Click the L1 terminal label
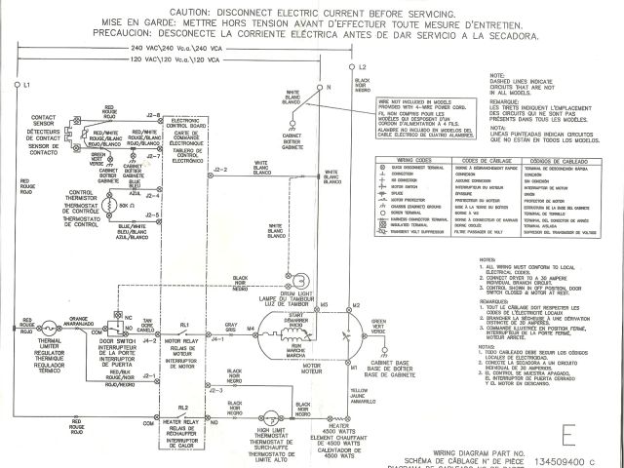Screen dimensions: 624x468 click(27, 86)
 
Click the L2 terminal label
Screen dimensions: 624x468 click(362, 66)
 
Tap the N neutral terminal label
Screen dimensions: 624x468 click(329, 88)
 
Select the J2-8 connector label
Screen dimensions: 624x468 click(152, 116)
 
